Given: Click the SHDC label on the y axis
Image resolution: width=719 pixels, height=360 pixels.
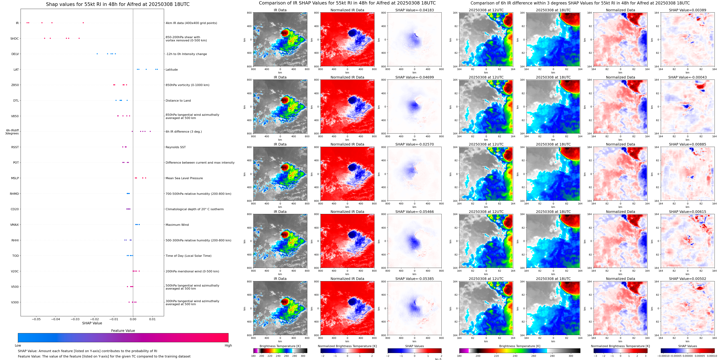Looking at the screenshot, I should click(15, 39).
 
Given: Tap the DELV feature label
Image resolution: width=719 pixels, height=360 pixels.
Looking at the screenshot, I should click(15, 54).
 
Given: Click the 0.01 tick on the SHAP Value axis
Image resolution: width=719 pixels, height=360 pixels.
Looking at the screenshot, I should click(152, 319).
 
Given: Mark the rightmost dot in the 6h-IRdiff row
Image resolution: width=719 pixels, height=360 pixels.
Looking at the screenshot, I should click(150, 131).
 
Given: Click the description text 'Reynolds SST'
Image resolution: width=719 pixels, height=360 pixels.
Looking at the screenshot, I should click(175, 147).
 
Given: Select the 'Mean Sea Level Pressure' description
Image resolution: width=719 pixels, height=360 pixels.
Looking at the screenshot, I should click(184, 178).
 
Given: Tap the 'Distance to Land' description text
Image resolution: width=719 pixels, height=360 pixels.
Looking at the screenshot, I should click(178, 101).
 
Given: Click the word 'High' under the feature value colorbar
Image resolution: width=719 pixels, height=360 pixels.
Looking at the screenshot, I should click(228, 345).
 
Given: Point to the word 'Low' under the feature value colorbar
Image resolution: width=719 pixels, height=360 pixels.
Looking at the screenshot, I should click(18, 345).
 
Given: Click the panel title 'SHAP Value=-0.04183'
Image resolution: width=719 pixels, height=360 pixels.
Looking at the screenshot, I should click(415, 10).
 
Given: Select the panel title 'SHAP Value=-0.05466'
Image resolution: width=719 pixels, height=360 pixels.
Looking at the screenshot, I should click(415, 212).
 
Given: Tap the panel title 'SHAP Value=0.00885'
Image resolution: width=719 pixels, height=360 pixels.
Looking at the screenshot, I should click(687, 144).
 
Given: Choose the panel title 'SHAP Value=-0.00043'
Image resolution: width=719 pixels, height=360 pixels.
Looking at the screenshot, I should click(687, 77).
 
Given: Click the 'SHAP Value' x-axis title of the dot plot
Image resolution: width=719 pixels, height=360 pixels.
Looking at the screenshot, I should click(92, 323).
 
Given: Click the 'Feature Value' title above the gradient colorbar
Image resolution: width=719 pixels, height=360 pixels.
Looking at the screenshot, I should click(123, 331).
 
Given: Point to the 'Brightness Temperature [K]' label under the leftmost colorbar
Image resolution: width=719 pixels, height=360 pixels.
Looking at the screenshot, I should click(280, 346).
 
